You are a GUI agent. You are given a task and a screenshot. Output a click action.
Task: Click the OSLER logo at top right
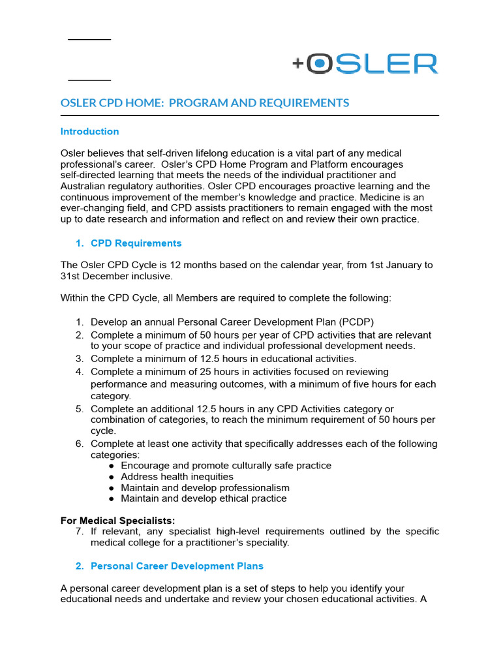(365, 63)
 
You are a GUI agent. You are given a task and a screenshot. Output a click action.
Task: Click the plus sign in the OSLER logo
(298, 63)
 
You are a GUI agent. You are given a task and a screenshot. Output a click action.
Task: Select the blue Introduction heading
(89, 131)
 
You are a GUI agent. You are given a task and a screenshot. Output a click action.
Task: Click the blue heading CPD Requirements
(136, 243)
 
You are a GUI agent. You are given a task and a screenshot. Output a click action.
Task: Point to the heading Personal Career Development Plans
(177, 566)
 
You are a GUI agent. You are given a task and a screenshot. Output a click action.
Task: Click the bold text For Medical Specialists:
(117, 521)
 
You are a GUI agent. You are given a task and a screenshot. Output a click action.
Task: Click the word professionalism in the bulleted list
(258, 488)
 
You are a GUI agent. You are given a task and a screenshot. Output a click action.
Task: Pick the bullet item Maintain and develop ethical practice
(204, 498)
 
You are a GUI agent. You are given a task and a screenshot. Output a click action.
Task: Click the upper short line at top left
(89, 40)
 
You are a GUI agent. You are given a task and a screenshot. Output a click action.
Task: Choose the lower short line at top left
(89, 80)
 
